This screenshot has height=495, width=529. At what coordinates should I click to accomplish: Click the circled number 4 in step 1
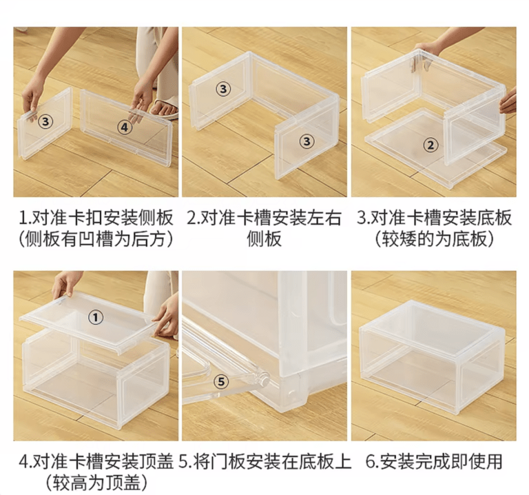tap(124, 126)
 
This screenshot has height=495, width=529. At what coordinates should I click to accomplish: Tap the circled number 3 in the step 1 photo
tap(45, 121)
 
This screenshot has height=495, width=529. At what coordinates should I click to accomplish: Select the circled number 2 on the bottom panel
tap(431, 145)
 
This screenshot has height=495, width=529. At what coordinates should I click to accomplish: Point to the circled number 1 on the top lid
tap(96, 316)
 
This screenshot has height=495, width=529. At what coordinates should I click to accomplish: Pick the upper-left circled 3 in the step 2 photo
tap(222, 88)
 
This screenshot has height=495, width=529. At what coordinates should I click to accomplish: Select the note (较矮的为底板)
tap(434, 239)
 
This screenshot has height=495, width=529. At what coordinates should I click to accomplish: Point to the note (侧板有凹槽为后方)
tap(96, 239)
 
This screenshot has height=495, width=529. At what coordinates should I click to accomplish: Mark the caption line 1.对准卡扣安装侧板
tap(96, 219)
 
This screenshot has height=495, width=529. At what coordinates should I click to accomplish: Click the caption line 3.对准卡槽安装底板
tap(434, 219)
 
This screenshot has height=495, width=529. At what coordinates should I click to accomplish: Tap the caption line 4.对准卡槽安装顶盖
tap(96, 461)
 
